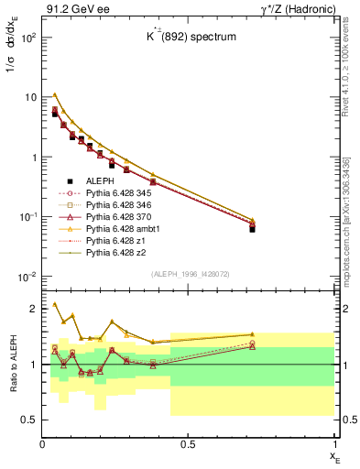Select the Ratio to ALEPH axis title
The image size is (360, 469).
(x=12, y=364)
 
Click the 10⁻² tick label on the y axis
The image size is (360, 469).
(x=27, y=277)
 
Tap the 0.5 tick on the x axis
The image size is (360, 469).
(x=188, y=444)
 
